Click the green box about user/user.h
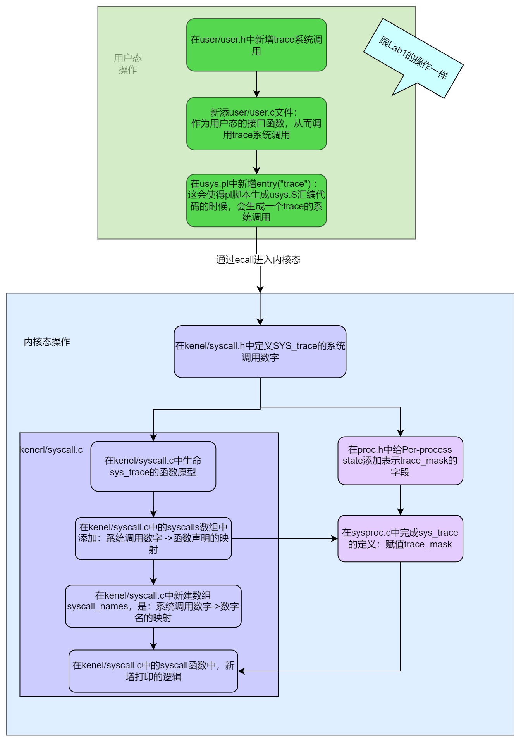pyautogui.click(x=256, y=45)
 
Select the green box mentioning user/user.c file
pyautogui.click(x=256, y=124)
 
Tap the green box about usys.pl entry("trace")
pyautogui.click(x=256, y=200)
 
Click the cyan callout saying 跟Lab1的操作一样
pyautogui.click(x=413, y=58)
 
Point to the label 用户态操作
pyautogui.click(x=127, y=64)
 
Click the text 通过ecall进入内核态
pyautogui.click(x=258, y=260)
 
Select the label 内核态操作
pyautogui.click(x=47, y=342)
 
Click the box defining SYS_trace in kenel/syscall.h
pyautogui.click(x=260, y=351)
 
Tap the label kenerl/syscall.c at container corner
pyautogui.click(x=51, y=450)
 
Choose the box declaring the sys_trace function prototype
pyautogui.click(x=153, y=466)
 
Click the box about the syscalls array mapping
pyautogui.click(x=153, y=538)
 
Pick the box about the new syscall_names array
pyautogui.click(x=153, y=606)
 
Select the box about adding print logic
pyautogui.click(x=153, y=671)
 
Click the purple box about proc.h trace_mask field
pyautogui.click(x=400, y=461)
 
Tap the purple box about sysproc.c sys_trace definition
pyautogui.click(x=400, y=538)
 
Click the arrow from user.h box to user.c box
pyautogui.click(x=256, y=84)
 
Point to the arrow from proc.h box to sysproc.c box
pyautogui.click(x=400, y=500)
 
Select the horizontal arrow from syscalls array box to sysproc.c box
pyautogui.click(x=285, y=538)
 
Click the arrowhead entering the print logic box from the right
pyautogui.click(x=241, y=671)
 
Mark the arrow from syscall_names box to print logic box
pyautogui.click(x=153, y=638)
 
